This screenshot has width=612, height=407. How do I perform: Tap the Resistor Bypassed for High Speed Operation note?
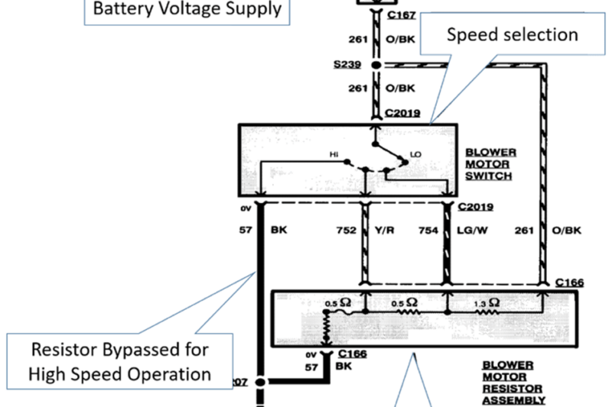coord(119,362)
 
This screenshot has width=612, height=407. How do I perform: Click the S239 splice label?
coord(348,66)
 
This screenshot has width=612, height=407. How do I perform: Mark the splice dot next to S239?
coord(376,66)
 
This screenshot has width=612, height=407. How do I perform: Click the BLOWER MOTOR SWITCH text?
coord(490,163)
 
